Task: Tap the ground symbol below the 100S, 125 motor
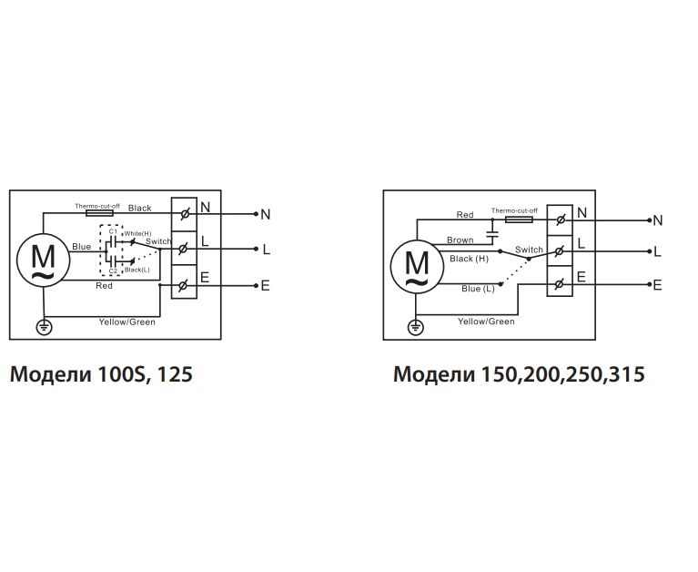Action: pos(42,326)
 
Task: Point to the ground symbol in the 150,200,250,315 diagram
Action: pos(415,327)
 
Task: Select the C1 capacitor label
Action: pos(111,231)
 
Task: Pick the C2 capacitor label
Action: pos(112,271)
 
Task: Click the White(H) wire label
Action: pos(137,234)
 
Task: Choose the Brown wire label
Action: pos(460,240)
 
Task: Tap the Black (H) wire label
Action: pos(469,259)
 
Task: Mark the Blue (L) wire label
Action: pos(479,288)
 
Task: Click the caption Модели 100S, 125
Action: pos(101,374)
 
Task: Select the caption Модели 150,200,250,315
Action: pos(519,374)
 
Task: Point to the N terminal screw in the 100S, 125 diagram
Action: pos(185,214)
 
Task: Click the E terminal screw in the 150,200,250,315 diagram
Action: pos(558,285)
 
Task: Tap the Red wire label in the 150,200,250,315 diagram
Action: pos(465,215)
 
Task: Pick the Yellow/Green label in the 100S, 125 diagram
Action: pos(126,322)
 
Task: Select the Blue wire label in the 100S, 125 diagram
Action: pos(81,247)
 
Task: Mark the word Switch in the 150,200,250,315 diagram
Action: pos(529,250)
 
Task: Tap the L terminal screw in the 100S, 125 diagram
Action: pos(185,249)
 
